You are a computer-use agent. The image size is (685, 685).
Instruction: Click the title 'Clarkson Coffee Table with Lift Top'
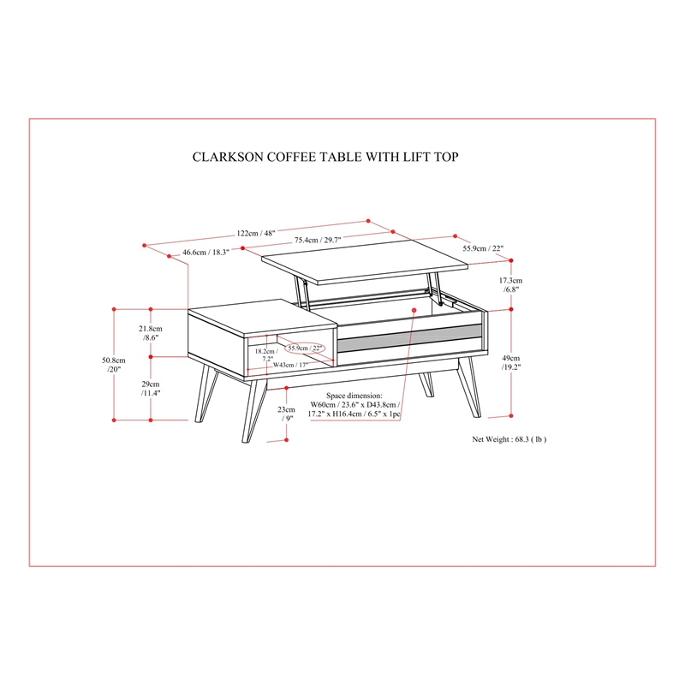(325, 157)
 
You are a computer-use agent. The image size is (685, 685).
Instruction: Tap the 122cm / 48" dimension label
(256, 233)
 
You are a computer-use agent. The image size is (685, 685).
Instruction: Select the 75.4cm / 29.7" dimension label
(318, 240)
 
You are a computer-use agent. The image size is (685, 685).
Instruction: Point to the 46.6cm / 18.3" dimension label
(205, 252)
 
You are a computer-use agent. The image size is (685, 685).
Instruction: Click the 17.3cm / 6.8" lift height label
(510, 285)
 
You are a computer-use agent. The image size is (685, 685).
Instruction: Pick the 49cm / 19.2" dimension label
(510, 362)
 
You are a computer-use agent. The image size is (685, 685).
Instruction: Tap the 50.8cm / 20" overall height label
(114, 365)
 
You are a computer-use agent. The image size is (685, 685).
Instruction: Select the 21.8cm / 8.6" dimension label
(151, 333)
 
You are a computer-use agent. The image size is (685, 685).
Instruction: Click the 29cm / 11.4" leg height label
(151, 389)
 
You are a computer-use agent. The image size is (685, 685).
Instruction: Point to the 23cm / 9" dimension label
(286, 414)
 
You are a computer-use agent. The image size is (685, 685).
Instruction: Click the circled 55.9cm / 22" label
(305, 348)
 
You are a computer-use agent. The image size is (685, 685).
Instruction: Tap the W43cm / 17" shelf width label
(290, 365)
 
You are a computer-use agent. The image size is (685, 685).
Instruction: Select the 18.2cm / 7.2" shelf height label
(266, 354)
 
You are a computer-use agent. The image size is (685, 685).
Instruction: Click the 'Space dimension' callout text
(354, 404)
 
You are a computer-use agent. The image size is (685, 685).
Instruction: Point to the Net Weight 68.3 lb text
(509, 439)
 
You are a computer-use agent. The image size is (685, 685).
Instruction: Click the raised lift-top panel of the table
(365, 262)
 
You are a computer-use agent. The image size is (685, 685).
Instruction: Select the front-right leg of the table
(468, 388)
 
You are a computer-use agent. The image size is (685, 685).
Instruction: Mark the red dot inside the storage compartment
(414, 310)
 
